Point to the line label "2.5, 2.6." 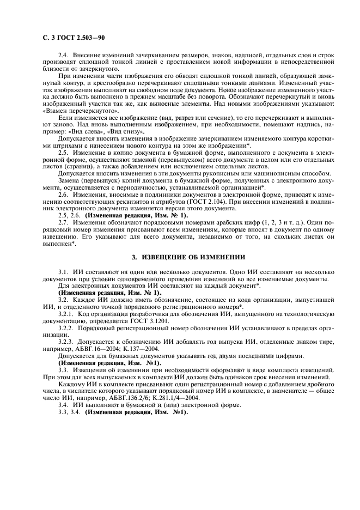(70, 216)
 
